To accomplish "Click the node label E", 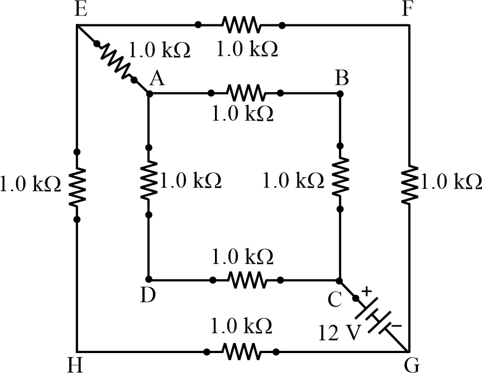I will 80,10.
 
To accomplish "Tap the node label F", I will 406,10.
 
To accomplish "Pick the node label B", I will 342,79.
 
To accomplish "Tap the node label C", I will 334,299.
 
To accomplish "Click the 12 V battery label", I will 340,333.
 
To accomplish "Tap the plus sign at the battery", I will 366,290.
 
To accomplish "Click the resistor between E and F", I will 240,25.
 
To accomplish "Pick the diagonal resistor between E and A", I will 116,62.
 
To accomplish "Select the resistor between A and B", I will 246,93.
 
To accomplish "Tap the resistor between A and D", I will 148,181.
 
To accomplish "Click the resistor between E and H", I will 77,185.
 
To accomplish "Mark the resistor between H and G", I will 240,351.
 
